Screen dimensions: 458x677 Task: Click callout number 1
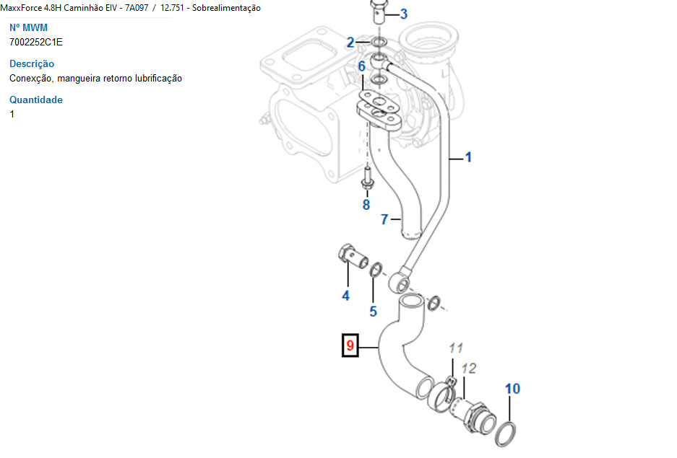(x=467, y=157)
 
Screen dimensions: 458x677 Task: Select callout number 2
(x=350, y=43)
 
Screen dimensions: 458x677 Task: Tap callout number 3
(x=403, y=14)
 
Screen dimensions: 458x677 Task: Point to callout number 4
(x=346, y=296)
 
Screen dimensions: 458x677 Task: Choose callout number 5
(x=374, y=312)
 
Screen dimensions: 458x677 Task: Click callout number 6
(x=362, y=66)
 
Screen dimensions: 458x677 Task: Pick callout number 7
(x=384, y=219)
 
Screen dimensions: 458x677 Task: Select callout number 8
(x=366, y=205)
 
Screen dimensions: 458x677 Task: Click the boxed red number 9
(x=350, y=346)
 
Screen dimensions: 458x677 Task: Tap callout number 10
(x=512, y=389)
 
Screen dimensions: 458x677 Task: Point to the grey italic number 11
(x=455, y=348)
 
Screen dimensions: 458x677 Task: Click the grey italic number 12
(x=469, y=369)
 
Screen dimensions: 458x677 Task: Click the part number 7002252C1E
(x=36, y=42)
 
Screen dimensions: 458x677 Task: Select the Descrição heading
(x=32, y=63)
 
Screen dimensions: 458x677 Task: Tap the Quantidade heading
(x=36, y=100)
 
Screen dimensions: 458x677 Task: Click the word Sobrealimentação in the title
(x=226, y=8)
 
